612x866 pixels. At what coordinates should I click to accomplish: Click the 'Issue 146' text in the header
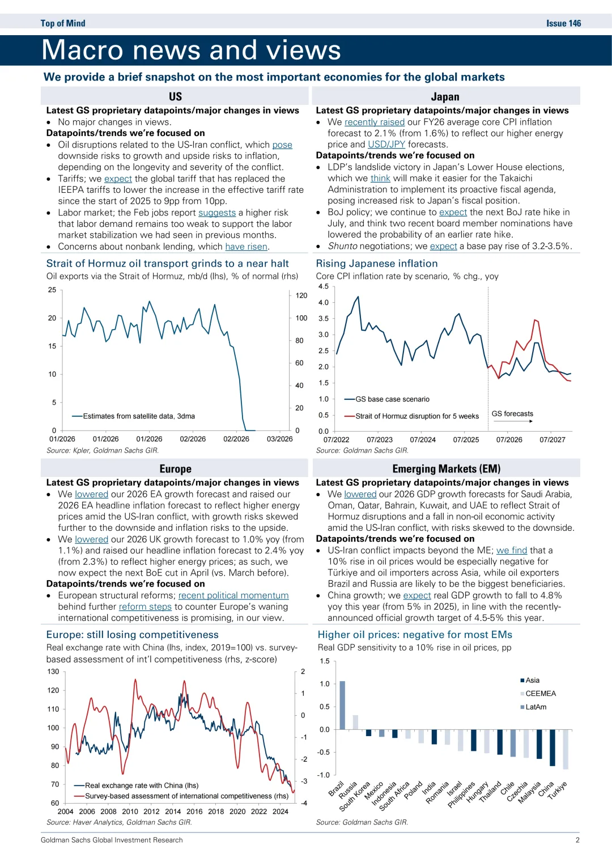click(563, 23)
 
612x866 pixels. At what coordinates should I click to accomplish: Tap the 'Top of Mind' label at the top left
click(63, 23)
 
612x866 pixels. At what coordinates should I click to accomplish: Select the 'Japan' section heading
click(445, 96)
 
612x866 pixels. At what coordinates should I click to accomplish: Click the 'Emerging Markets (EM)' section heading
click(446, 469)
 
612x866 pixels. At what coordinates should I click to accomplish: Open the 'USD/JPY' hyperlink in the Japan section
click(386, 145)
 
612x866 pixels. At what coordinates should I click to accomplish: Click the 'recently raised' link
click(375, 122)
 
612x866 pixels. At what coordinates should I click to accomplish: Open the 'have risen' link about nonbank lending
click(246, 247)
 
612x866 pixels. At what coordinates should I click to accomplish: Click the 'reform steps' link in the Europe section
click(145, 607)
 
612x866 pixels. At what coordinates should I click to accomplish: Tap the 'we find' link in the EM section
click(512, 550)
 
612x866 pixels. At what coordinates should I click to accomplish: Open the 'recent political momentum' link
click(233, 595)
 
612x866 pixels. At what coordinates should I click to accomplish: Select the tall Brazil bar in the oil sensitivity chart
click(342, 705)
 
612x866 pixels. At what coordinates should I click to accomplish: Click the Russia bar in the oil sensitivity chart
click(355, 722)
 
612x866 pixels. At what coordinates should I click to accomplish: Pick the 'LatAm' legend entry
click(535, 707)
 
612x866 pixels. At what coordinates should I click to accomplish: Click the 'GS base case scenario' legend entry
click(392, 399)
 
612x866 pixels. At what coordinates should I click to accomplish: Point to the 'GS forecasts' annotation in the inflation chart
click(512, 414)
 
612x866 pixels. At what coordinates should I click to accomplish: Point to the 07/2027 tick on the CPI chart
click(552, 440)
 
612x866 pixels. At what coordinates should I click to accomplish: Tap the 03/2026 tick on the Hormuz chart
click(280, 439)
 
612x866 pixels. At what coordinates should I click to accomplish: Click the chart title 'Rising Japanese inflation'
click(377, 264)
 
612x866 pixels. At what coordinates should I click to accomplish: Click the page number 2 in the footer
click(577, 840)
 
